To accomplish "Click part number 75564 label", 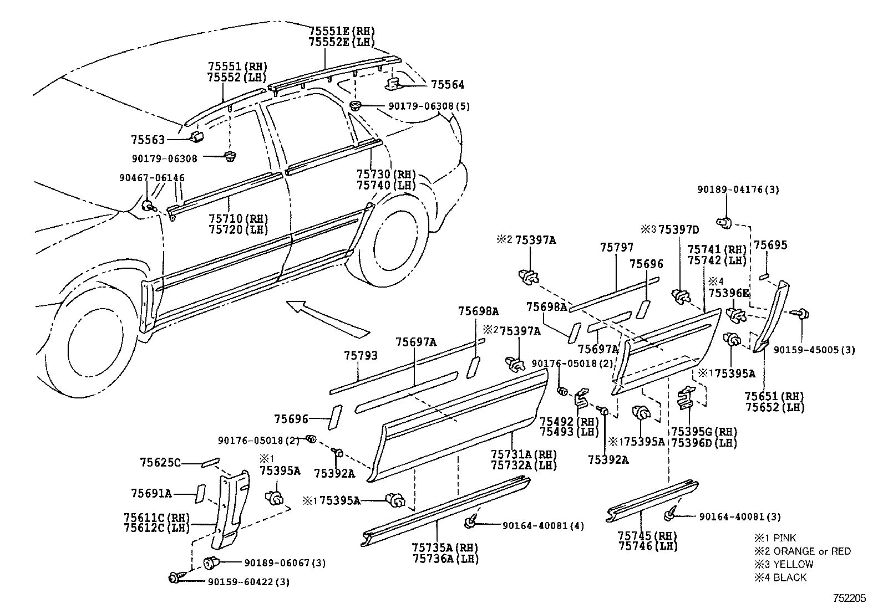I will pyautogui.click(x=448, y=85).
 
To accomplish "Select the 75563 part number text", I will pyautogui.click(x=148, y=140).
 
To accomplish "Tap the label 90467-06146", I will pyautogui.click(x=152, y=178).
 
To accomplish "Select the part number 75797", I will pyautogui.click(x=616, y=247).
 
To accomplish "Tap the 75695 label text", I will pyautogui.click(x=770, y=245).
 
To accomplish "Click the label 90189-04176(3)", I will pyautogui.click(x=738, y=190).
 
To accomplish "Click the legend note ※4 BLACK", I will pyautogui.click(x=780, y=577).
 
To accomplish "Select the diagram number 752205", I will pyautogui.click(x=849, y=598).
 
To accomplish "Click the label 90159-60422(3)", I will pyautogui.click(x=248, y=582).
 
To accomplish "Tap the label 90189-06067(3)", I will pyautogui.click(x=285, y=563).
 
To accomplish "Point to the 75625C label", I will pyautogui.click(x=160, y=462).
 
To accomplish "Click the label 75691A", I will pyautogui.click(x=151, y=493).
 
